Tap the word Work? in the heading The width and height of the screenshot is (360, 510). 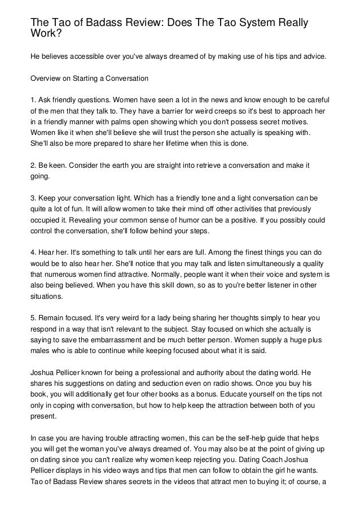[46, 33]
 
